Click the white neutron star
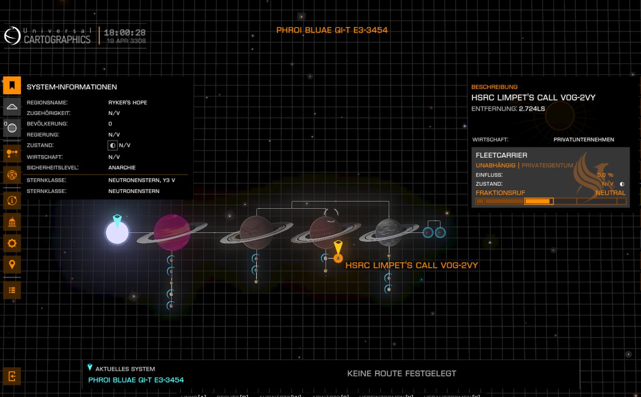(x=117, y=233)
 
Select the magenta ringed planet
(x=172, y=232)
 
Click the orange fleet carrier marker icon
(x=338, y=258)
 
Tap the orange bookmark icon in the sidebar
(x=12, y=85)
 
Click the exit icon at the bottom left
(x=12, y=376)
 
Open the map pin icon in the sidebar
(x=12, y=265)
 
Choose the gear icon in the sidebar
(x=12, y=243)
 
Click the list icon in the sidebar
(x=12, y=290)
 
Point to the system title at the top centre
(x=332, y=30)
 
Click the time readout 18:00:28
(x=125, y=32)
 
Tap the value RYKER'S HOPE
(x=128, y=103)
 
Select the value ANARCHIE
(x=122, y=168)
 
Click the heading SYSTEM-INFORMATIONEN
(x=72, y=87)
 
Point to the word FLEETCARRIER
(x=501, y=155)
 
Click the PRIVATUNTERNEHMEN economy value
(x=583, y=140)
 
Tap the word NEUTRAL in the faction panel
(x=610, y=193)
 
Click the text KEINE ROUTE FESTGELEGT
(x=401, y=374)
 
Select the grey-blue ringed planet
(x=388, y=232)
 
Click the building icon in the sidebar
(x=12, y=222)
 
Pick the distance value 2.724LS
(x=532, y=109)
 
